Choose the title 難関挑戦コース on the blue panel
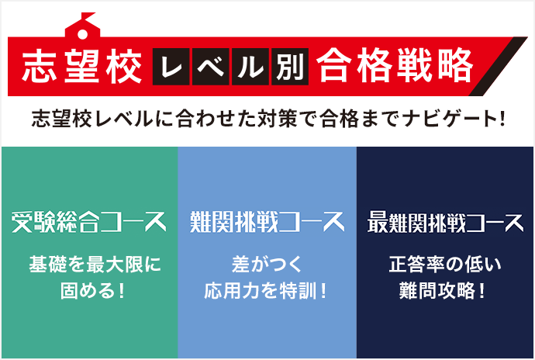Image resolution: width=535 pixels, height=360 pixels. click(267, 222)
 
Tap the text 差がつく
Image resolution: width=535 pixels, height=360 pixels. click(266, 265)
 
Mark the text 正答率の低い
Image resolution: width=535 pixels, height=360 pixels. click(445, 265)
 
